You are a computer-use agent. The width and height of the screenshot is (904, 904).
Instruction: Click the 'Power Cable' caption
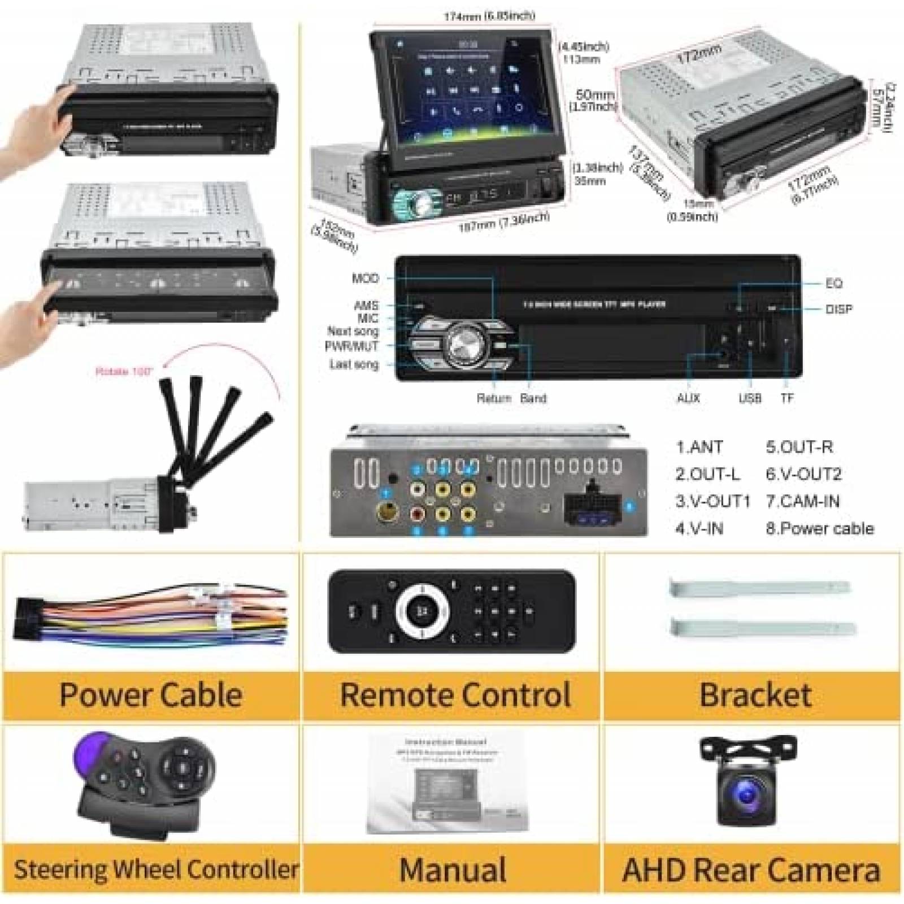click(x=151, y=694)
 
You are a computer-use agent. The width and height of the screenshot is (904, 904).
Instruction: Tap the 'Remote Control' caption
click(x=455, y=694)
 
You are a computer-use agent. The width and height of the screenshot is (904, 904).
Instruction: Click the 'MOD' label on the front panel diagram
click(x=365, y=279)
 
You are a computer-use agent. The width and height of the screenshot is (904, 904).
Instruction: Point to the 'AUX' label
click(x=688, y=398)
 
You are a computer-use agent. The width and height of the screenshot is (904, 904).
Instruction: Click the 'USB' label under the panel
click(x=750, y=398)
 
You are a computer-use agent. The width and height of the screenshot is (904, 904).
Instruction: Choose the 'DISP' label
click(x=838, y=309)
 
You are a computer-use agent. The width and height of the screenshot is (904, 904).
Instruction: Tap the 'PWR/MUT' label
click(x=351, y=346)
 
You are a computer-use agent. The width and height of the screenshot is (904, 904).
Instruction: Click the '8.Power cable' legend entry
click(x=820, y=529)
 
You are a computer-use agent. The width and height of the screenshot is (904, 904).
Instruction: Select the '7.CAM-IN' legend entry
click(x=803, y=501)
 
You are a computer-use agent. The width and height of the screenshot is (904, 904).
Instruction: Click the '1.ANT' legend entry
click(x=699, y=447)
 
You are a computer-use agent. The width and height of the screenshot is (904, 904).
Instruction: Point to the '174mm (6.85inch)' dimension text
click(x=489, y=16)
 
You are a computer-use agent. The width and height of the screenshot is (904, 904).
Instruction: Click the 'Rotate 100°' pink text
click(x=121, y=372)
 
